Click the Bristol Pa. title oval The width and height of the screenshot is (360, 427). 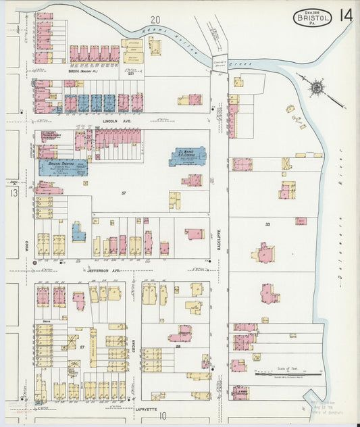(311, 18)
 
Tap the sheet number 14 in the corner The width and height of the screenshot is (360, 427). (345, 16)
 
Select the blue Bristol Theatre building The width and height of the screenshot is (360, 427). (63, 167)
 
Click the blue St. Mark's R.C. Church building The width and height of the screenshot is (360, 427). (187, 155)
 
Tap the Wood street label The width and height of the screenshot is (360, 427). (27, 248)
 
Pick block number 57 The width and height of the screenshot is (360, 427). (124, 194)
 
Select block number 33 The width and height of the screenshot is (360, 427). (267, 224)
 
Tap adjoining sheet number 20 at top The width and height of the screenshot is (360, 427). (155, 20)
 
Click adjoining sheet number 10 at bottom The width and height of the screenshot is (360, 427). (162, 416)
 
